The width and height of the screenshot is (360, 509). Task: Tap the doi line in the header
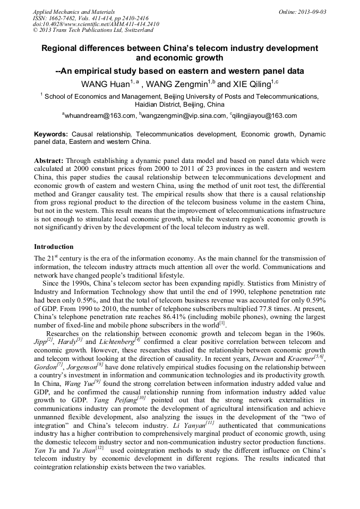96,24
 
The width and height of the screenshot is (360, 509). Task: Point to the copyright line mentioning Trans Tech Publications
93,30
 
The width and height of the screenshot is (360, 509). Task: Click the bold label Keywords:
51,135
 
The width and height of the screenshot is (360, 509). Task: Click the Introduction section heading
54,247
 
